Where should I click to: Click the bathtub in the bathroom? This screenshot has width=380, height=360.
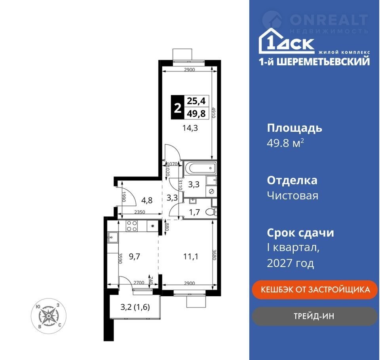(199, 168)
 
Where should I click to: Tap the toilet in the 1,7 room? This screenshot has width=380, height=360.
(211, 212)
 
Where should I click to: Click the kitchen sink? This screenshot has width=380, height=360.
(113, 237)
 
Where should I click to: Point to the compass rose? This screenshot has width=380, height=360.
(48, 316)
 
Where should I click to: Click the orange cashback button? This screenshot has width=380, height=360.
(315, 290)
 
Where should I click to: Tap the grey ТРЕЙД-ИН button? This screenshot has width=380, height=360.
(315, 316)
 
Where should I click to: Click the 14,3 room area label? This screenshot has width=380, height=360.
(190, 128)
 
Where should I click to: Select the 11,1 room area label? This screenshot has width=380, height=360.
(191, 256)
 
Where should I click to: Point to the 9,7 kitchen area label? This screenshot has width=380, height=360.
(135, 256)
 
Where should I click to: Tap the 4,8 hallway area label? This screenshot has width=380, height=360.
(147, 200)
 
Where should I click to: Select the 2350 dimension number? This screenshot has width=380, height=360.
(140, 212)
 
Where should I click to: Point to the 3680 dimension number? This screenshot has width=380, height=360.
(214, 255)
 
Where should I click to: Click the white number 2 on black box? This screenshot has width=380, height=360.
(178, 108)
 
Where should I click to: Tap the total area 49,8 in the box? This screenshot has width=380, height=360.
(196, 114)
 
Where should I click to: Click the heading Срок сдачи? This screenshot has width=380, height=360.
(300, 233)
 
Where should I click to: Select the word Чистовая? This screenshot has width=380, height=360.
(293, 196)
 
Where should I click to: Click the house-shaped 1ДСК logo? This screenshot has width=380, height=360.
(287, 41)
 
